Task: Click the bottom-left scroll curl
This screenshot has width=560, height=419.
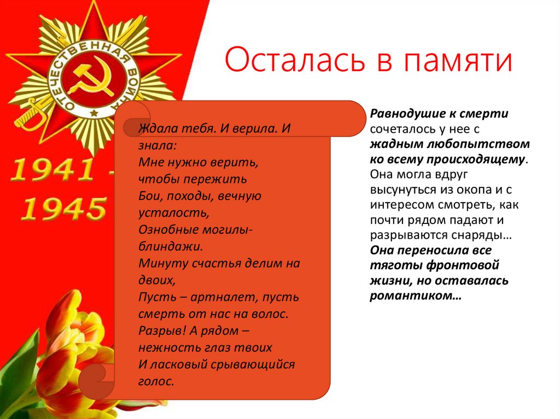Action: [x=93, y=379]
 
